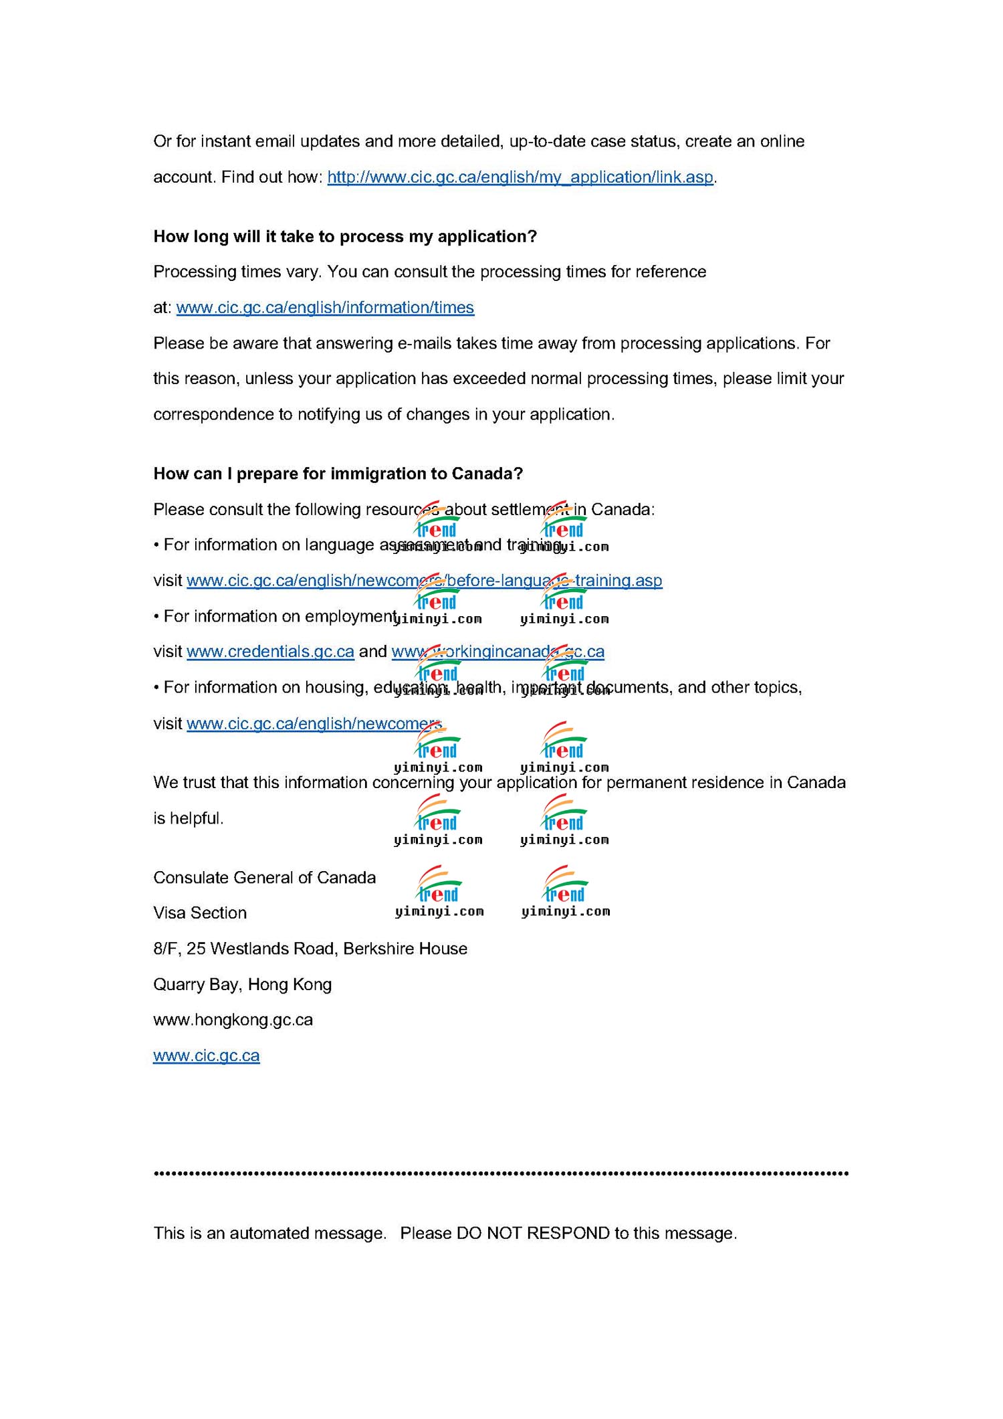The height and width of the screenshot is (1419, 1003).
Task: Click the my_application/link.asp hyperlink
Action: point(520,177)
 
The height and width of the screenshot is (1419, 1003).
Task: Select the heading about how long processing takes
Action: point(345,237)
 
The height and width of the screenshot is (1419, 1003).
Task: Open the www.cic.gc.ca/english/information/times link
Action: point(325,308)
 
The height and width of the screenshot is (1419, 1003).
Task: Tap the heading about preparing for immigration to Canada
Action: point(338,474)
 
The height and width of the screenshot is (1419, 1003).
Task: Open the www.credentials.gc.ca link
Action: point(270,652)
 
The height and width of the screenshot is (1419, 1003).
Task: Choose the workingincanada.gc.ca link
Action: point(497,652)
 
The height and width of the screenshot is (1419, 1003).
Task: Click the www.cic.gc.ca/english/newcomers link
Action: point(314,724)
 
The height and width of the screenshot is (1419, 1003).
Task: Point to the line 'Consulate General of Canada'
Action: point(264,878)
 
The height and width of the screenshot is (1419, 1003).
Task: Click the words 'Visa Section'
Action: point(200,913)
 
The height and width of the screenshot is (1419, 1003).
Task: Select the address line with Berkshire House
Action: point(310,949)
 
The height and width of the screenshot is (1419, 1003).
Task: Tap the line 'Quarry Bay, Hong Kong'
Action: point(242,985)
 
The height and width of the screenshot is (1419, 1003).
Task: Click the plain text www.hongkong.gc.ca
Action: point(233,1020)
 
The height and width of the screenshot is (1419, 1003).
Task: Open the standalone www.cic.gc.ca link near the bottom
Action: point(206,1056)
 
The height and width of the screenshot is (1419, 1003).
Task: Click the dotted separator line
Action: point(501,1173)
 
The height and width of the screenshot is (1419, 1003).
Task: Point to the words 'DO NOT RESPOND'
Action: point(533,1234)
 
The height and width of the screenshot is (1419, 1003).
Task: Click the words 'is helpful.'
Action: point(188,818)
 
